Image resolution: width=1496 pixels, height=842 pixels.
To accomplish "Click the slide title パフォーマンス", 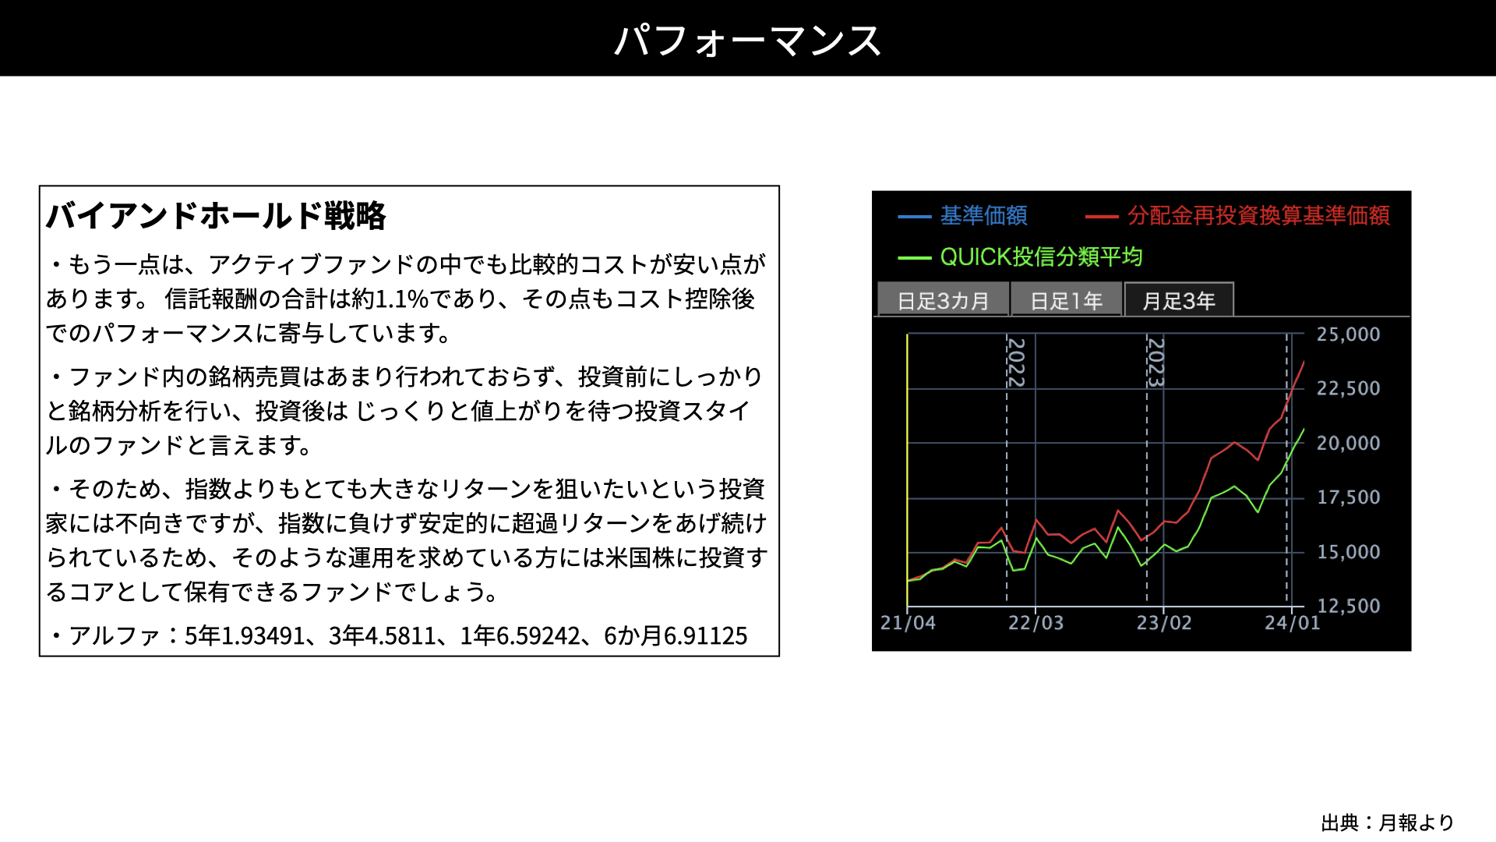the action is click(x=748, y=41).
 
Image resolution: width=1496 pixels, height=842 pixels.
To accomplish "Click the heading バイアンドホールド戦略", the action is click(x=216, y=216).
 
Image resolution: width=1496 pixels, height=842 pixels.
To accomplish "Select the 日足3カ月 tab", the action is click(x=943, y=300).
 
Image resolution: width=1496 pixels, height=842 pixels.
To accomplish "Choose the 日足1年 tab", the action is click(x=1067, y=300).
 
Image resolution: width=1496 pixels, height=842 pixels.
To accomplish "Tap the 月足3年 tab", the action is click(x=1179, y=300).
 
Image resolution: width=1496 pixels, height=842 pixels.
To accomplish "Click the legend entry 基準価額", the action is click(x=963, y=215).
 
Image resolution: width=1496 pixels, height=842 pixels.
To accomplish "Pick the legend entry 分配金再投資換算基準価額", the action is click(x=1238, y=215).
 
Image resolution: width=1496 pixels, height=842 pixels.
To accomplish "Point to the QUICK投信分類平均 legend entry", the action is click(x=1021, y=256).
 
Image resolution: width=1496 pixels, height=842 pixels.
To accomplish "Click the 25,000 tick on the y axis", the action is click(x=1348, y=334).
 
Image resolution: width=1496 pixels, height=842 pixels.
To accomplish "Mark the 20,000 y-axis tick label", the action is click(x=1348, y=443).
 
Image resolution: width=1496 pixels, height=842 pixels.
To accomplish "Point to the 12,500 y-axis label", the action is click(x=1348, y=606).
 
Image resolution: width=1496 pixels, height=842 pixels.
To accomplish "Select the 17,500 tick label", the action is click(x=1348, y=497).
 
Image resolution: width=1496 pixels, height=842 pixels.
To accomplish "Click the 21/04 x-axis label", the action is click(x=908, y=623).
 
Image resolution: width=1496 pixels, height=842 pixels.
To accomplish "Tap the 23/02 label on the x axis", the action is click(x=1164, y=623).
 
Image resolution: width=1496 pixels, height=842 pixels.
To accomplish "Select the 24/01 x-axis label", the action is click(x=1293, y=623).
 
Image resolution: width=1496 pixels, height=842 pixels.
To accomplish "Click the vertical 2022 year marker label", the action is click(x=1016, y=362).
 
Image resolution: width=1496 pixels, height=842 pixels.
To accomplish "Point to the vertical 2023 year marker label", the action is click(x=1156, y=362).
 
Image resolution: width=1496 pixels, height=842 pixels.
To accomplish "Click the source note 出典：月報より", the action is click(x=1388, y=823).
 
